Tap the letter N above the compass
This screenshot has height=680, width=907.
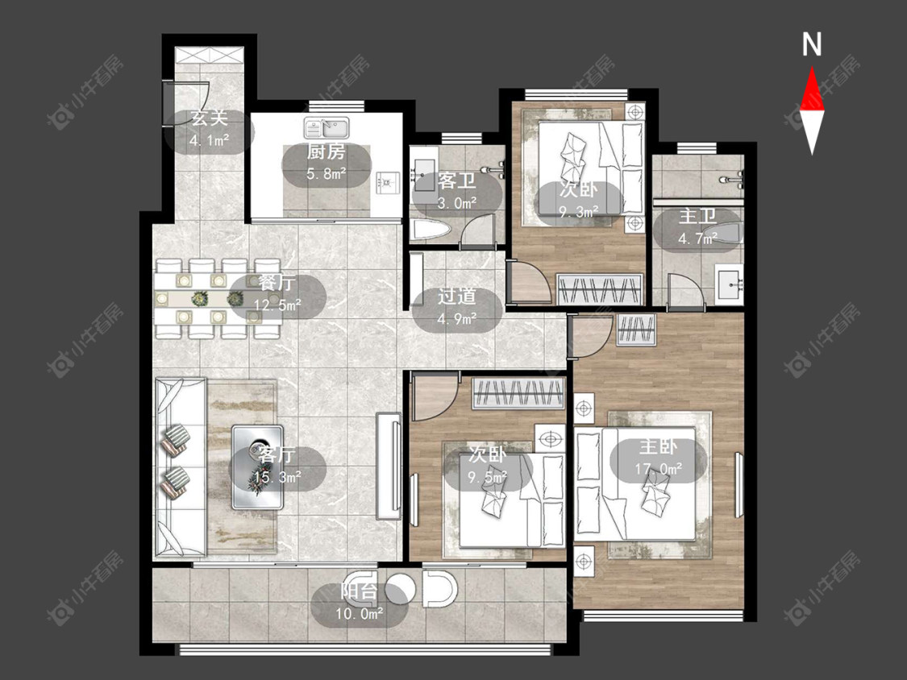[x=812, y=44]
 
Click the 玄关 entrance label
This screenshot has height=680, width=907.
[x=210, y=118]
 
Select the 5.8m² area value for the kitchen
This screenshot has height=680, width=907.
[x=327, y=173]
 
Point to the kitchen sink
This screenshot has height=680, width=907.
[x=327, y=127]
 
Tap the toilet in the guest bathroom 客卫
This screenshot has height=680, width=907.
[x=430, y=230]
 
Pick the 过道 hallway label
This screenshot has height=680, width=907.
[x=456, y=296]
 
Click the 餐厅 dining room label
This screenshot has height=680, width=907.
[x=277, y=284]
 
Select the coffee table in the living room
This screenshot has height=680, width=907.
[x=257, y=467]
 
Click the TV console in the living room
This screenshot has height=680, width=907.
[x=388, y=466]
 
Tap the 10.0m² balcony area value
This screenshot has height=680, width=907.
[x=360, y=613]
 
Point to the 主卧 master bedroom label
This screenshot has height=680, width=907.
[x=658, y=447]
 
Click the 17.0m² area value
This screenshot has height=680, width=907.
[x=658, y=469]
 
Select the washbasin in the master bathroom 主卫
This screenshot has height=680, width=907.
[x=730, y=284]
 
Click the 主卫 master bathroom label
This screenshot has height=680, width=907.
[x=697, y=216]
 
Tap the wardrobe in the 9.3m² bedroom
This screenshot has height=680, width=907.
[x=601, y=289]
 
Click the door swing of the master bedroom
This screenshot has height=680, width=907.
[x=590, y=337]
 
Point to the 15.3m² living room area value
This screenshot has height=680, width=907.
[x=277, y=478]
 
